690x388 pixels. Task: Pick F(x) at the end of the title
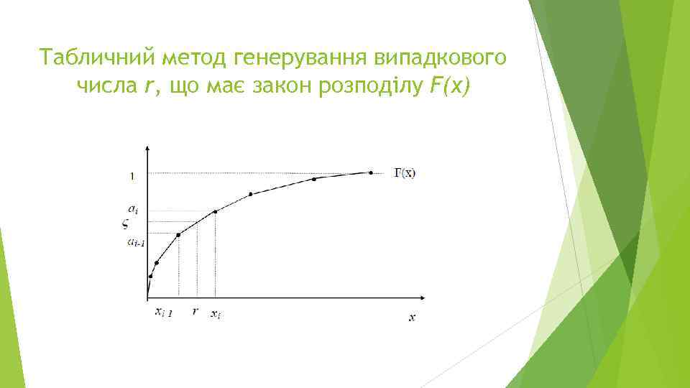pyautogui.click(x=449, y=87)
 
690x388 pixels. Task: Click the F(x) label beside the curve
pyautogui.click(x=402, y=172)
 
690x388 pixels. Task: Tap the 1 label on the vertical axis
pyautogui.click(x=132, y=176)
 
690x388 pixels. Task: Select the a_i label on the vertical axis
pyautogui.click(x=134, y=209)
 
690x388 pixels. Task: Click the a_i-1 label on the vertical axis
pyautogui.click(x=136, y=243)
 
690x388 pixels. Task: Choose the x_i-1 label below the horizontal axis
pyautogui.click(x=163, y=313)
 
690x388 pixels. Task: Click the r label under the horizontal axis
pyautogui.click(x=195, y=312)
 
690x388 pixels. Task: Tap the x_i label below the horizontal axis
pyautogui.click(x=216, y=313)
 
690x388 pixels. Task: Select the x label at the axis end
pyautogui.click(x=412, y=316)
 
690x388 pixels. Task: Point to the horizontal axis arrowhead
pyautogui.click(x=429, y=297)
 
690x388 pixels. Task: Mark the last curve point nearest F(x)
pyautogui.click(x=371, y=172)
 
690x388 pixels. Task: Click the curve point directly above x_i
pyautogui.click(x=215, y=211)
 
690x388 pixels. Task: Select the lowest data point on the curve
pyautogui.click(x=150, y=276)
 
